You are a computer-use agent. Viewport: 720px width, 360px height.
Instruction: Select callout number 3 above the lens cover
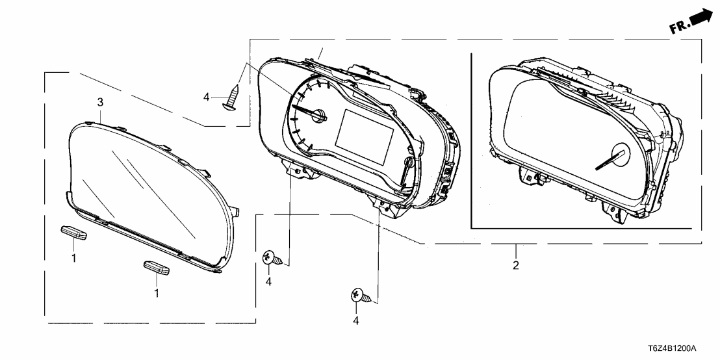tap(100, 102)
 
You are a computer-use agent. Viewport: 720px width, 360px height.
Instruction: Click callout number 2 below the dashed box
tap(515, 265)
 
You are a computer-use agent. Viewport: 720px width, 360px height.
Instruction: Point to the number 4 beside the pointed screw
tap(206, 97)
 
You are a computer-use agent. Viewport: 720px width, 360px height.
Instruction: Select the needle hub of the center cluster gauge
tap(321, 116)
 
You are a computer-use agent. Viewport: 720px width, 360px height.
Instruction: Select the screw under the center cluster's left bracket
tap(272, 259)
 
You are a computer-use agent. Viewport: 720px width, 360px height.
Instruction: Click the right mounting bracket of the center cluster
tap(385, 205)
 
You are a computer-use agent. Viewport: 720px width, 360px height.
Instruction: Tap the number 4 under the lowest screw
tap(356, 320)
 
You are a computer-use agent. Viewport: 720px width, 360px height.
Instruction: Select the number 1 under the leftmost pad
tap(73, 259)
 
